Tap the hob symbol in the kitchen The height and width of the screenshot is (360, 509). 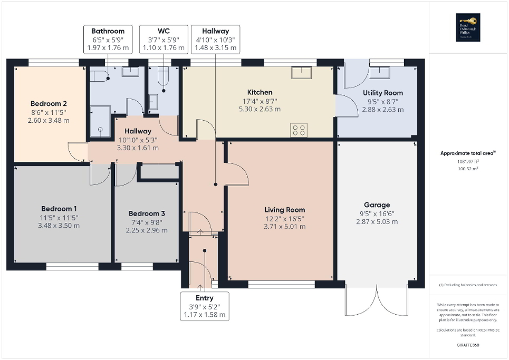(x=299, y=129)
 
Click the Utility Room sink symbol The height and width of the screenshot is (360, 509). (x=380, y=73)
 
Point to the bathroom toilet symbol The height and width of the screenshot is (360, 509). (x=99, y=76)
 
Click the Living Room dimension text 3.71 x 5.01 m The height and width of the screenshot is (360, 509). (x=285, y=227)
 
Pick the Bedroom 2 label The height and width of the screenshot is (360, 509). (x=48, y=103)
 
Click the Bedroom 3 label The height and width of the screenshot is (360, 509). (x=147, y=213)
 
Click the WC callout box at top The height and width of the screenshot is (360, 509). (x=163, y=39)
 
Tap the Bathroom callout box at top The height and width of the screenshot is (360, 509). (x=108, y=39)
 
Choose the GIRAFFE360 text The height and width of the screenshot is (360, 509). (x=468, y=345)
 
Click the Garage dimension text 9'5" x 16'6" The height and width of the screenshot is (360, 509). (x=377, y=213)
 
